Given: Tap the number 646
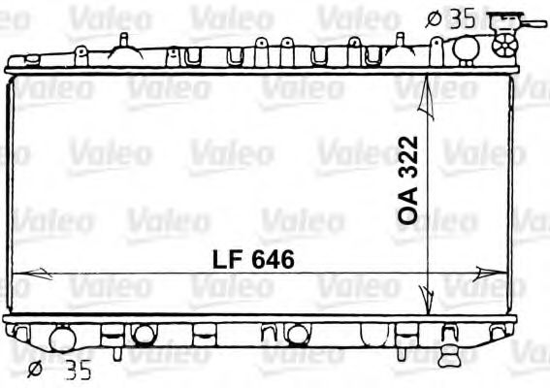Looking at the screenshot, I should pyautogui.click(x=271, y=260).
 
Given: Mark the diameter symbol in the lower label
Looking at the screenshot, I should pyautogui.click(x=34, y=368).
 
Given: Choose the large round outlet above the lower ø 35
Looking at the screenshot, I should pyautogui.click(x=61, y=339).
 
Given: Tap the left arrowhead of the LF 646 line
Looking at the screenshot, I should pyautogui.click(x=23, y=275).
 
